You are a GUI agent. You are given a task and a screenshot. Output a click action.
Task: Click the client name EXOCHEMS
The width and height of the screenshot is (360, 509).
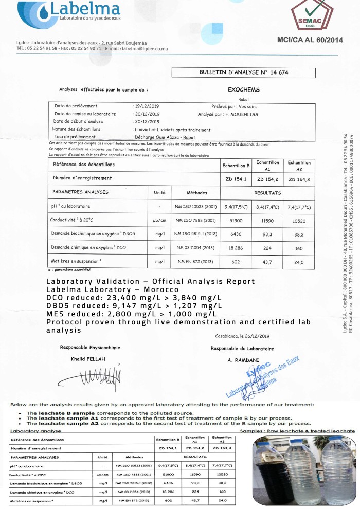point(244,89)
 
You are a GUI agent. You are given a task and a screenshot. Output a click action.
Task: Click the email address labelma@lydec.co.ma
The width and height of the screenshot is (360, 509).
point(145,49)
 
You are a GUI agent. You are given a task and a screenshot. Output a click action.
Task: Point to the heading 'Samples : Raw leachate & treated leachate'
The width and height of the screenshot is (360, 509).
point(298,430)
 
